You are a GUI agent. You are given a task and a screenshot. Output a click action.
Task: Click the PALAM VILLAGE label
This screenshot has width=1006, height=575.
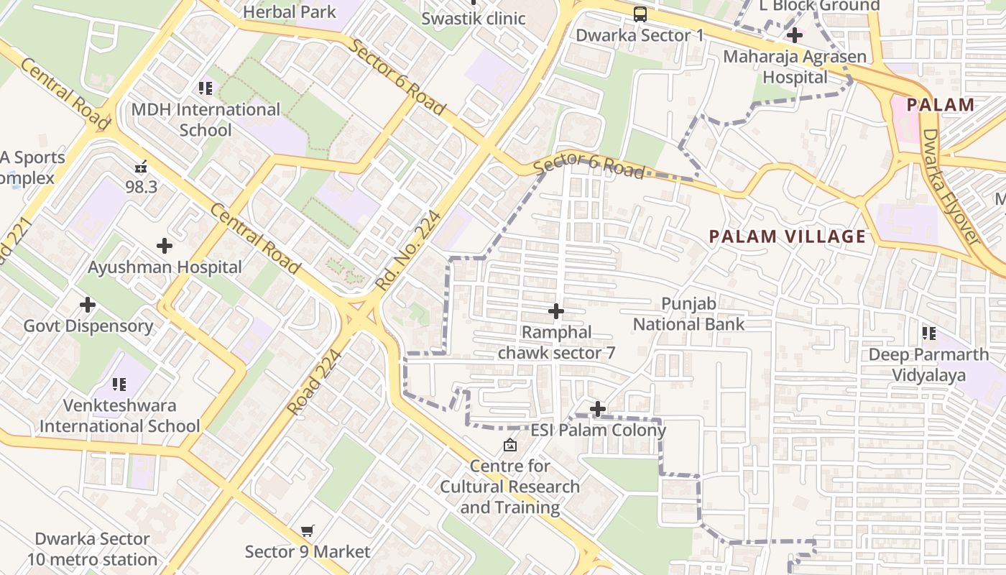(787, 236)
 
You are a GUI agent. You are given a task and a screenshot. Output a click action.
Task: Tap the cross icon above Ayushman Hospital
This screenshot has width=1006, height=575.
(165, 246)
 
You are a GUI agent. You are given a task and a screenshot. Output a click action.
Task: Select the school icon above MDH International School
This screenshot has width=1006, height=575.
(206, 88)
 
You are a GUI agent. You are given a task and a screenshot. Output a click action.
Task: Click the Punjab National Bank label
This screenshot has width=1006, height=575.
(688, 314)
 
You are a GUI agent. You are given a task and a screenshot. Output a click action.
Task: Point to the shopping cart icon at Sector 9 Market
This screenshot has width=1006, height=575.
(308, 531)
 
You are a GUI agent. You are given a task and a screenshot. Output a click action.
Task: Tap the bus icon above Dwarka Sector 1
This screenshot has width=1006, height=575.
(640, 14)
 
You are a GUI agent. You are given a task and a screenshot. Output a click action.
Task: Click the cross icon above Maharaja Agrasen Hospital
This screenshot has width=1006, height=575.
(794, 34)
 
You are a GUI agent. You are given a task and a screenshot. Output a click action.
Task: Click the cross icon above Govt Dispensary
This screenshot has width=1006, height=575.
(88, 305)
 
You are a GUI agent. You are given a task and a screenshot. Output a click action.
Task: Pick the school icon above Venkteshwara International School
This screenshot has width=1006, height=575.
(119, 385)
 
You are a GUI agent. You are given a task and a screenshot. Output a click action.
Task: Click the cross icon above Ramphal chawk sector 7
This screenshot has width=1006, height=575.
(556, 311)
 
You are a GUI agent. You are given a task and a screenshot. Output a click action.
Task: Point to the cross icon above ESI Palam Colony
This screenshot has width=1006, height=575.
(597, 409)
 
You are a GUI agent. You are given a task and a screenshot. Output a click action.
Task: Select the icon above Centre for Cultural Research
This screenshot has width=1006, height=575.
(509, 446)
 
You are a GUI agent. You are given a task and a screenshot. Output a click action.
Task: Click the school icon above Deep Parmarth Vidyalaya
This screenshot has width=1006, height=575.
(928, 333)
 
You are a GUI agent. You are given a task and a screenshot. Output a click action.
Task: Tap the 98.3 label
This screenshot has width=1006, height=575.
(141, 187)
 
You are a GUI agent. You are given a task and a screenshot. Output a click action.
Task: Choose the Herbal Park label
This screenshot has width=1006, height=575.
(289, 11)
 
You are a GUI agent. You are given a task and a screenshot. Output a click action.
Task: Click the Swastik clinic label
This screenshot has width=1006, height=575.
(474, 18)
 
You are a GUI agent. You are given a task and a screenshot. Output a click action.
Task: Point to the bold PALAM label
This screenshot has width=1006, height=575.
(940, 105)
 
